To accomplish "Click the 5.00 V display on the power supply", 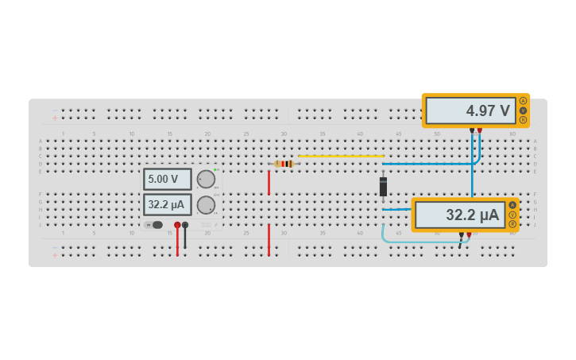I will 167,179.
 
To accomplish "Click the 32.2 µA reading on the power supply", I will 167,205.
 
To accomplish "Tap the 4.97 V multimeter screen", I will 470,110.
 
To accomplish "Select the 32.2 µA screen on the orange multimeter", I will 460,215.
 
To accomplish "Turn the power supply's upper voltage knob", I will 206,179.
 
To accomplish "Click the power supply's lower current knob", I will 206,205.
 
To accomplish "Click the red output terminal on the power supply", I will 177,225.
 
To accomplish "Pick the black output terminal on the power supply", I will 185,225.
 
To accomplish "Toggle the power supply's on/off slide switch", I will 156,225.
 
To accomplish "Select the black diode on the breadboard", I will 383,187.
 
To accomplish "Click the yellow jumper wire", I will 342,156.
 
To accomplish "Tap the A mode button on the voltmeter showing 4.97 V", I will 523,101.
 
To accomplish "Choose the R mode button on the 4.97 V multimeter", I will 523,120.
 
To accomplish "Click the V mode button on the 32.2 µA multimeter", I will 512,215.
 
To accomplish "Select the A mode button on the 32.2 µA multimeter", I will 512,205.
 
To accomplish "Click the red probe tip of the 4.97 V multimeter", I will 479,130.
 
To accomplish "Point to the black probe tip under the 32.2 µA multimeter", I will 462,234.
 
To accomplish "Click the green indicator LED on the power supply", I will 215,169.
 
